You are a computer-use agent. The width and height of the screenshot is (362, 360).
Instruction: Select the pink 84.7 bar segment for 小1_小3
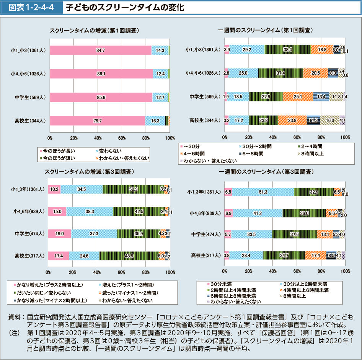pyautogui.click(x=101, y=50)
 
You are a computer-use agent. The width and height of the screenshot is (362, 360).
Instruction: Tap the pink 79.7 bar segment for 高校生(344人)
pyautogui.click(x=97, y=121)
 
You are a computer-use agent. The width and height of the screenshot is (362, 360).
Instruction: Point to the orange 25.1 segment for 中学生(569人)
pyautogui.click(x=298, y=97)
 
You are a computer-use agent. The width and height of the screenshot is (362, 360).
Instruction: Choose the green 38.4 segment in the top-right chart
pyautogui.click(x=287, y=50)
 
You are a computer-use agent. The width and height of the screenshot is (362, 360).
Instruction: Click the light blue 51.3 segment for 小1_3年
pyautogui.click(x=263, y=192)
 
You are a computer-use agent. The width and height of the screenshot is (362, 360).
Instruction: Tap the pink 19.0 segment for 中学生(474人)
pyautogui.click(x=59, y=233)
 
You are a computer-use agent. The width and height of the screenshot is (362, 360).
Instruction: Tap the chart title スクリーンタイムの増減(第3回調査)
pyautogui.click(x=89, y=172)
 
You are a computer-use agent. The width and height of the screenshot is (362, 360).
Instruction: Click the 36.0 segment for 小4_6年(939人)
pyautogui.click(x=304, y=213)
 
